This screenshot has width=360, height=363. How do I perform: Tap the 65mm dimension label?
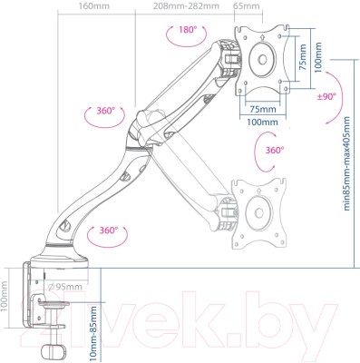click(x=247, y=6)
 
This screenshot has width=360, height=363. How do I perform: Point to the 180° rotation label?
click(x=187, y=31)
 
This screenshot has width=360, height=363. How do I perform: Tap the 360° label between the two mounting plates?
click(x=275, y=150)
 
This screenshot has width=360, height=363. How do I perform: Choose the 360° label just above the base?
click(x=110, y=231)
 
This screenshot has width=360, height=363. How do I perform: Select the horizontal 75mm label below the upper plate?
click(x=263, y=107)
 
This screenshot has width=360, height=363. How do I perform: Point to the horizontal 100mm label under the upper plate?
click(x=263, y=122)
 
